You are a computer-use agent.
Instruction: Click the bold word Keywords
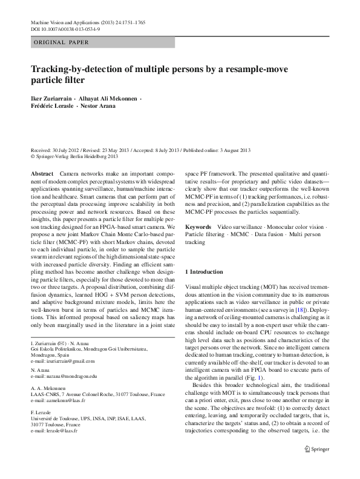coord(198,226)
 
